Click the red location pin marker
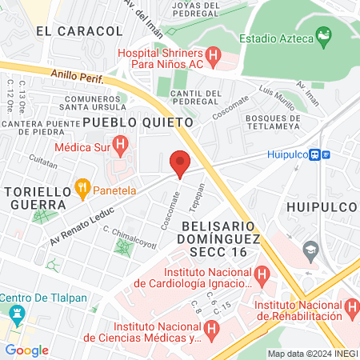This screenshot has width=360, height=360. point(180,163)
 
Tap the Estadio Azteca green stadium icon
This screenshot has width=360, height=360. point(323,35)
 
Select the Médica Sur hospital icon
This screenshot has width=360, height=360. point(121,146)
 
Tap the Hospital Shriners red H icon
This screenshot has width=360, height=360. point(213,56)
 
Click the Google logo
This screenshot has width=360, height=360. point(26,350)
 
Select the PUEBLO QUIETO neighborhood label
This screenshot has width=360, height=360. point(138,122)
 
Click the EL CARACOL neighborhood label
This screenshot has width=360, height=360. point(79,31)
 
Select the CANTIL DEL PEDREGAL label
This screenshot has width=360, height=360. point(197,98)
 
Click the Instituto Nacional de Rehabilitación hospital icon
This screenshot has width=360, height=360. point(351,306)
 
